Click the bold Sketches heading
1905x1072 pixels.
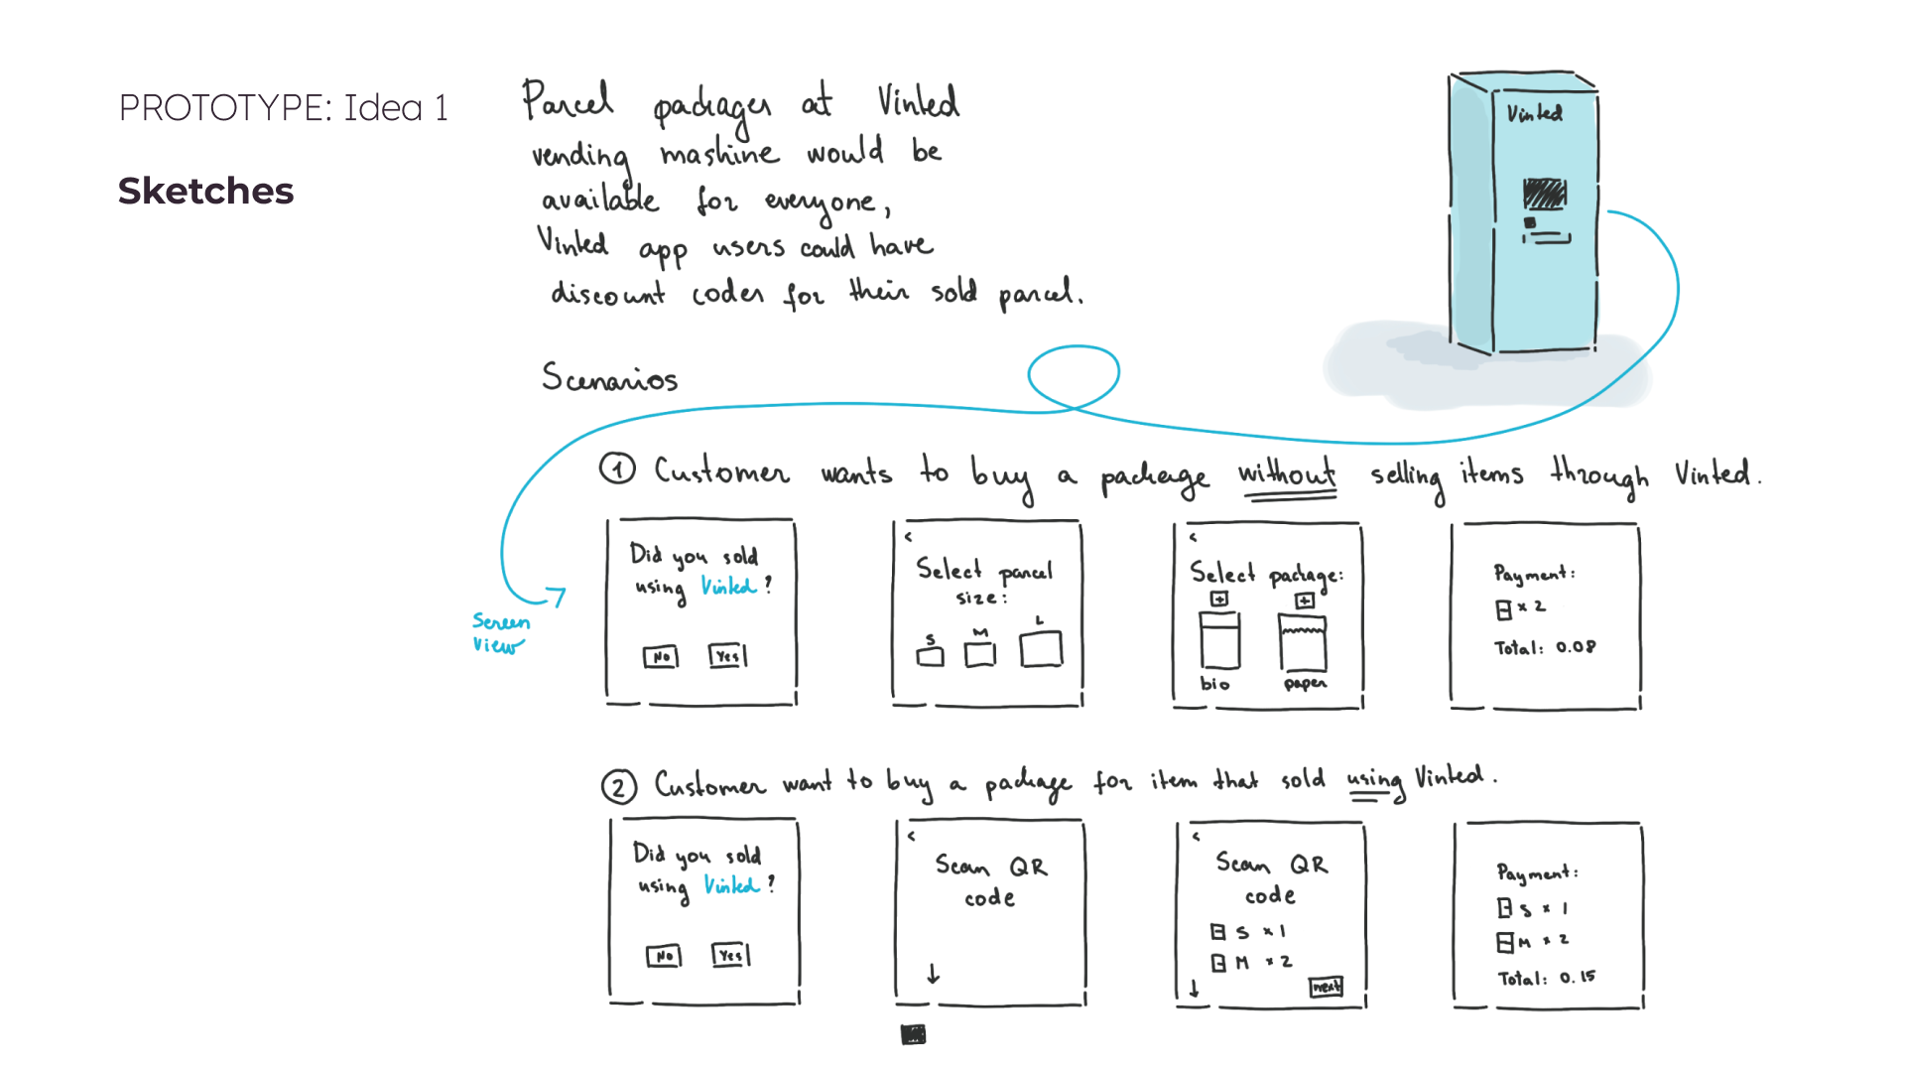[205, 191]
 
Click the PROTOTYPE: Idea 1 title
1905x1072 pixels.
[283, 107]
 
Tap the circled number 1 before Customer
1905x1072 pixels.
[617, 469]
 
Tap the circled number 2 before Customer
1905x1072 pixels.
[618, 787]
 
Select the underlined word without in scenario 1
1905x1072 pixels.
[1286, 474]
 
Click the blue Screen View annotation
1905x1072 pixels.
[499, 633]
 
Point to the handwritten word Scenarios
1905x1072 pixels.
[609, 378]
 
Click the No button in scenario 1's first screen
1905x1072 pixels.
[661, 657]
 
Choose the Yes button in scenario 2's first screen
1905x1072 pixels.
[730, 956]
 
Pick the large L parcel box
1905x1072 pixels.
[1041, 649]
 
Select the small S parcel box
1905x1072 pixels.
[930, 656]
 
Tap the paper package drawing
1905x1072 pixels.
[1303, 643]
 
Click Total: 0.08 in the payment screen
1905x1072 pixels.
[1545, 648]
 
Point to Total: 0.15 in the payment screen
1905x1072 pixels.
[1547, 978]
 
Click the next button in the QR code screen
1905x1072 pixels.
[1326, 987]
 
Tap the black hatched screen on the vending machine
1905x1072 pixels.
[1544, 194]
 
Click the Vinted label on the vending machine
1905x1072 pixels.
[1534, 114]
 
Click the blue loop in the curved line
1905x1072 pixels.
[1074, 375]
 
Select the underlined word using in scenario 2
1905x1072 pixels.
[1374, 781]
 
